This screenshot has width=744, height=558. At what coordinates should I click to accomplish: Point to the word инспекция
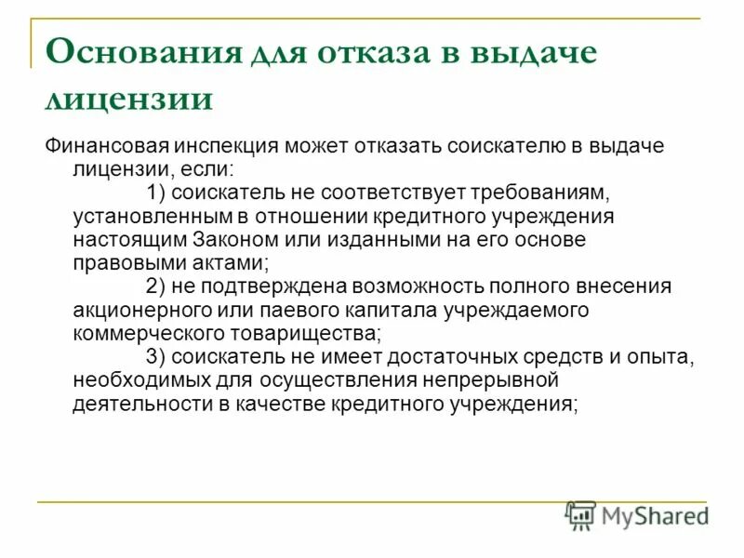pos(239,147)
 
